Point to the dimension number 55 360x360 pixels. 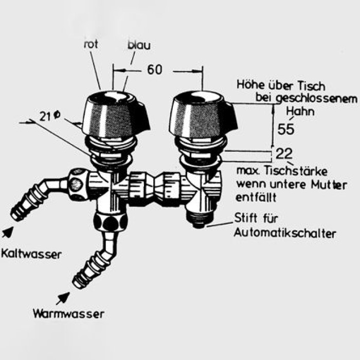(x=286, y=129)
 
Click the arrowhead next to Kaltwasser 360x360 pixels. (x=8, y=232)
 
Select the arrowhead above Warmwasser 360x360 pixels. (x=65, y=297)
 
